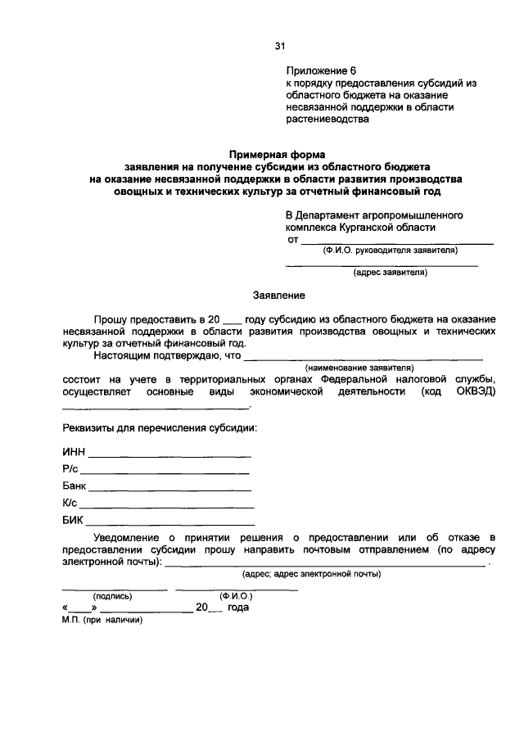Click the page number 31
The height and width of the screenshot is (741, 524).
[279, 47]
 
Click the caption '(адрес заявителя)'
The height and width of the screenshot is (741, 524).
[390, 273]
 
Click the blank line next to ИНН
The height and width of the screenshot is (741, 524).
[169, 455]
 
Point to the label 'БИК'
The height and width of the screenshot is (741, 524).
[73, 520]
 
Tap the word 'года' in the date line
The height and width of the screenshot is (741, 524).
[238, 608]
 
